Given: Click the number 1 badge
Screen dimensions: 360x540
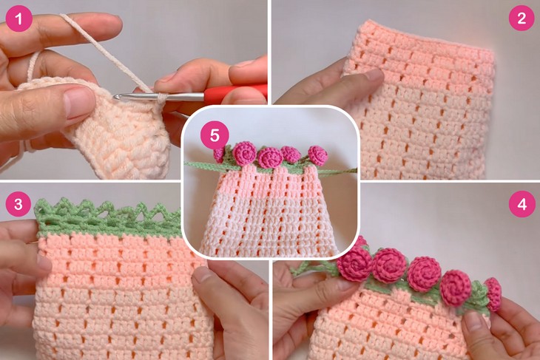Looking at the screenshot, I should pos(20,18).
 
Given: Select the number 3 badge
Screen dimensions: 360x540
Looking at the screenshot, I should pos(20,203).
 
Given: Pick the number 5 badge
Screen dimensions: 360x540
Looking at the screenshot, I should pos(215,135).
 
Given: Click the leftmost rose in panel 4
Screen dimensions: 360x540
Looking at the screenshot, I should pos(355,264).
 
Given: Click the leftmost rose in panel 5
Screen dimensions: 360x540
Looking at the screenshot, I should pos(220,153).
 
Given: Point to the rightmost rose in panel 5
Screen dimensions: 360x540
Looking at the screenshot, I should pos(317,155).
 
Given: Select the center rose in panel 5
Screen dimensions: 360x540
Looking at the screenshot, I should pos(269,157).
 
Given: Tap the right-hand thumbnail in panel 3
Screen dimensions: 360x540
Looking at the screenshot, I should pos(203,278).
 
